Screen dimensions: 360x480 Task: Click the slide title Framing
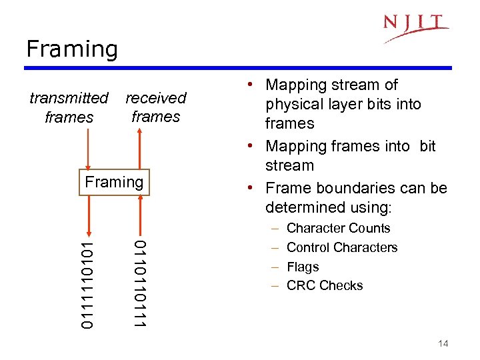tap(71, 49)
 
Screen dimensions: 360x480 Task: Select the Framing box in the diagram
tap(115, 182)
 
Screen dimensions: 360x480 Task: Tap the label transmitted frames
tap(69, 107)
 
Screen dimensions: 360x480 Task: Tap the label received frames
tap(156, 107)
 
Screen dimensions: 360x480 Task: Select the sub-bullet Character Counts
tap(338, 228)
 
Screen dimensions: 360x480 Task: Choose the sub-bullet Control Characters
tap(341, 247)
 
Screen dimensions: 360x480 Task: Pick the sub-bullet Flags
tap(303, 267)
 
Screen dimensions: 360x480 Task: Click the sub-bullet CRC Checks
tap(325, 285)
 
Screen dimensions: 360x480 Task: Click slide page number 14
tap(443, 343)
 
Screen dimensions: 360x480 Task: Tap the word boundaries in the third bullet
tap(353, 188)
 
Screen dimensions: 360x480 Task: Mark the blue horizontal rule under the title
tap(238, 68)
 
